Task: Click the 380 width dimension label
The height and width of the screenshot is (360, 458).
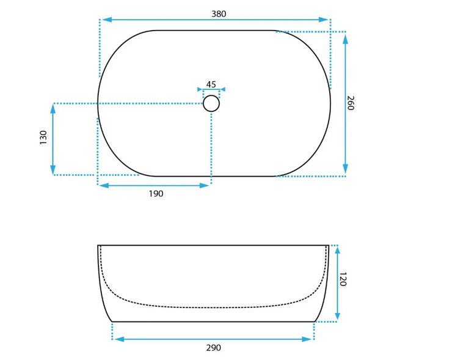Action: (219, 13)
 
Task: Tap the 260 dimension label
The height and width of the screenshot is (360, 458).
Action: (351, 103)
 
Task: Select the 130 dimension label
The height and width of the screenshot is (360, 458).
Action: (43, 137)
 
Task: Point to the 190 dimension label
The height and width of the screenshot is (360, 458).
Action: (156, 194)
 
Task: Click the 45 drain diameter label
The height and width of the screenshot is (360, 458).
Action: (211, 84)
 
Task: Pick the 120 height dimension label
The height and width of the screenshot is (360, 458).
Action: (343, 279)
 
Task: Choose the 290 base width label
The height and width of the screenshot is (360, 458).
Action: (214, 348)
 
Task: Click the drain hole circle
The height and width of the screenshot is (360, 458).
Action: (211, 95)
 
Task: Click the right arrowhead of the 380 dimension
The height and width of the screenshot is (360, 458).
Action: (324, 20)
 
